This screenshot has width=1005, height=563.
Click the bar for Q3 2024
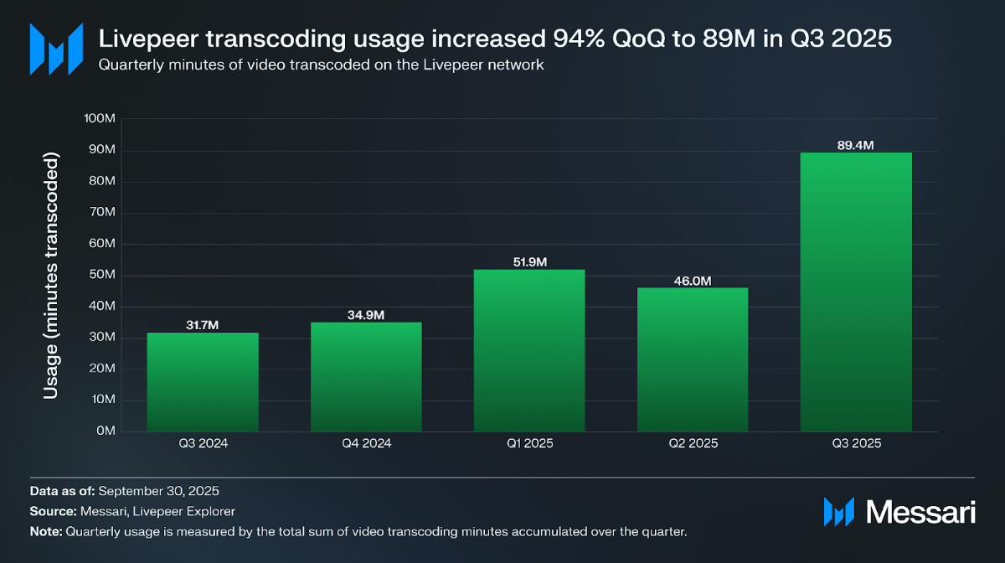point(203,382)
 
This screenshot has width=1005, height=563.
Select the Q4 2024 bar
point(366,377)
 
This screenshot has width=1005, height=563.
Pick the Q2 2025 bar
point(693,359)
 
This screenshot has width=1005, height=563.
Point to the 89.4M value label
point(856,145)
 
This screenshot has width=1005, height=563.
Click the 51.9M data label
point(529,262)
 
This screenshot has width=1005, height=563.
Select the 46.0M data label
point(693,281)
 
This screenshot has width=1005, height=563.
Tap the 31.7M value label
point(203,325)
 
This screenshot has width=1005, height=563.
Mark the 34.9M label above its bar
point(366,315)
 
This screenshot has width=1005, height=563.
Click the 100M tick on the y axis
point(100,119)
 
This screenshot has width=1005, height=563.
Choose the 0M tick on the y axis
point(106,431)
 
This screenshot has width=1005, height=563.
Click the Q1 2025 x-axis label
point(529,444)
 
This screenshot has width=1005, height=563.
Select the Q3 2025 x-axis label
point(856,444)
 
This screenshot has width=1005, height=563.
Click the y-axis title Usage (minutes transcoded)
point(51,276)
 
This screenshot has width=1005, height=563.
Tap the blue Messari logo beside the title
point(56,49)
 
